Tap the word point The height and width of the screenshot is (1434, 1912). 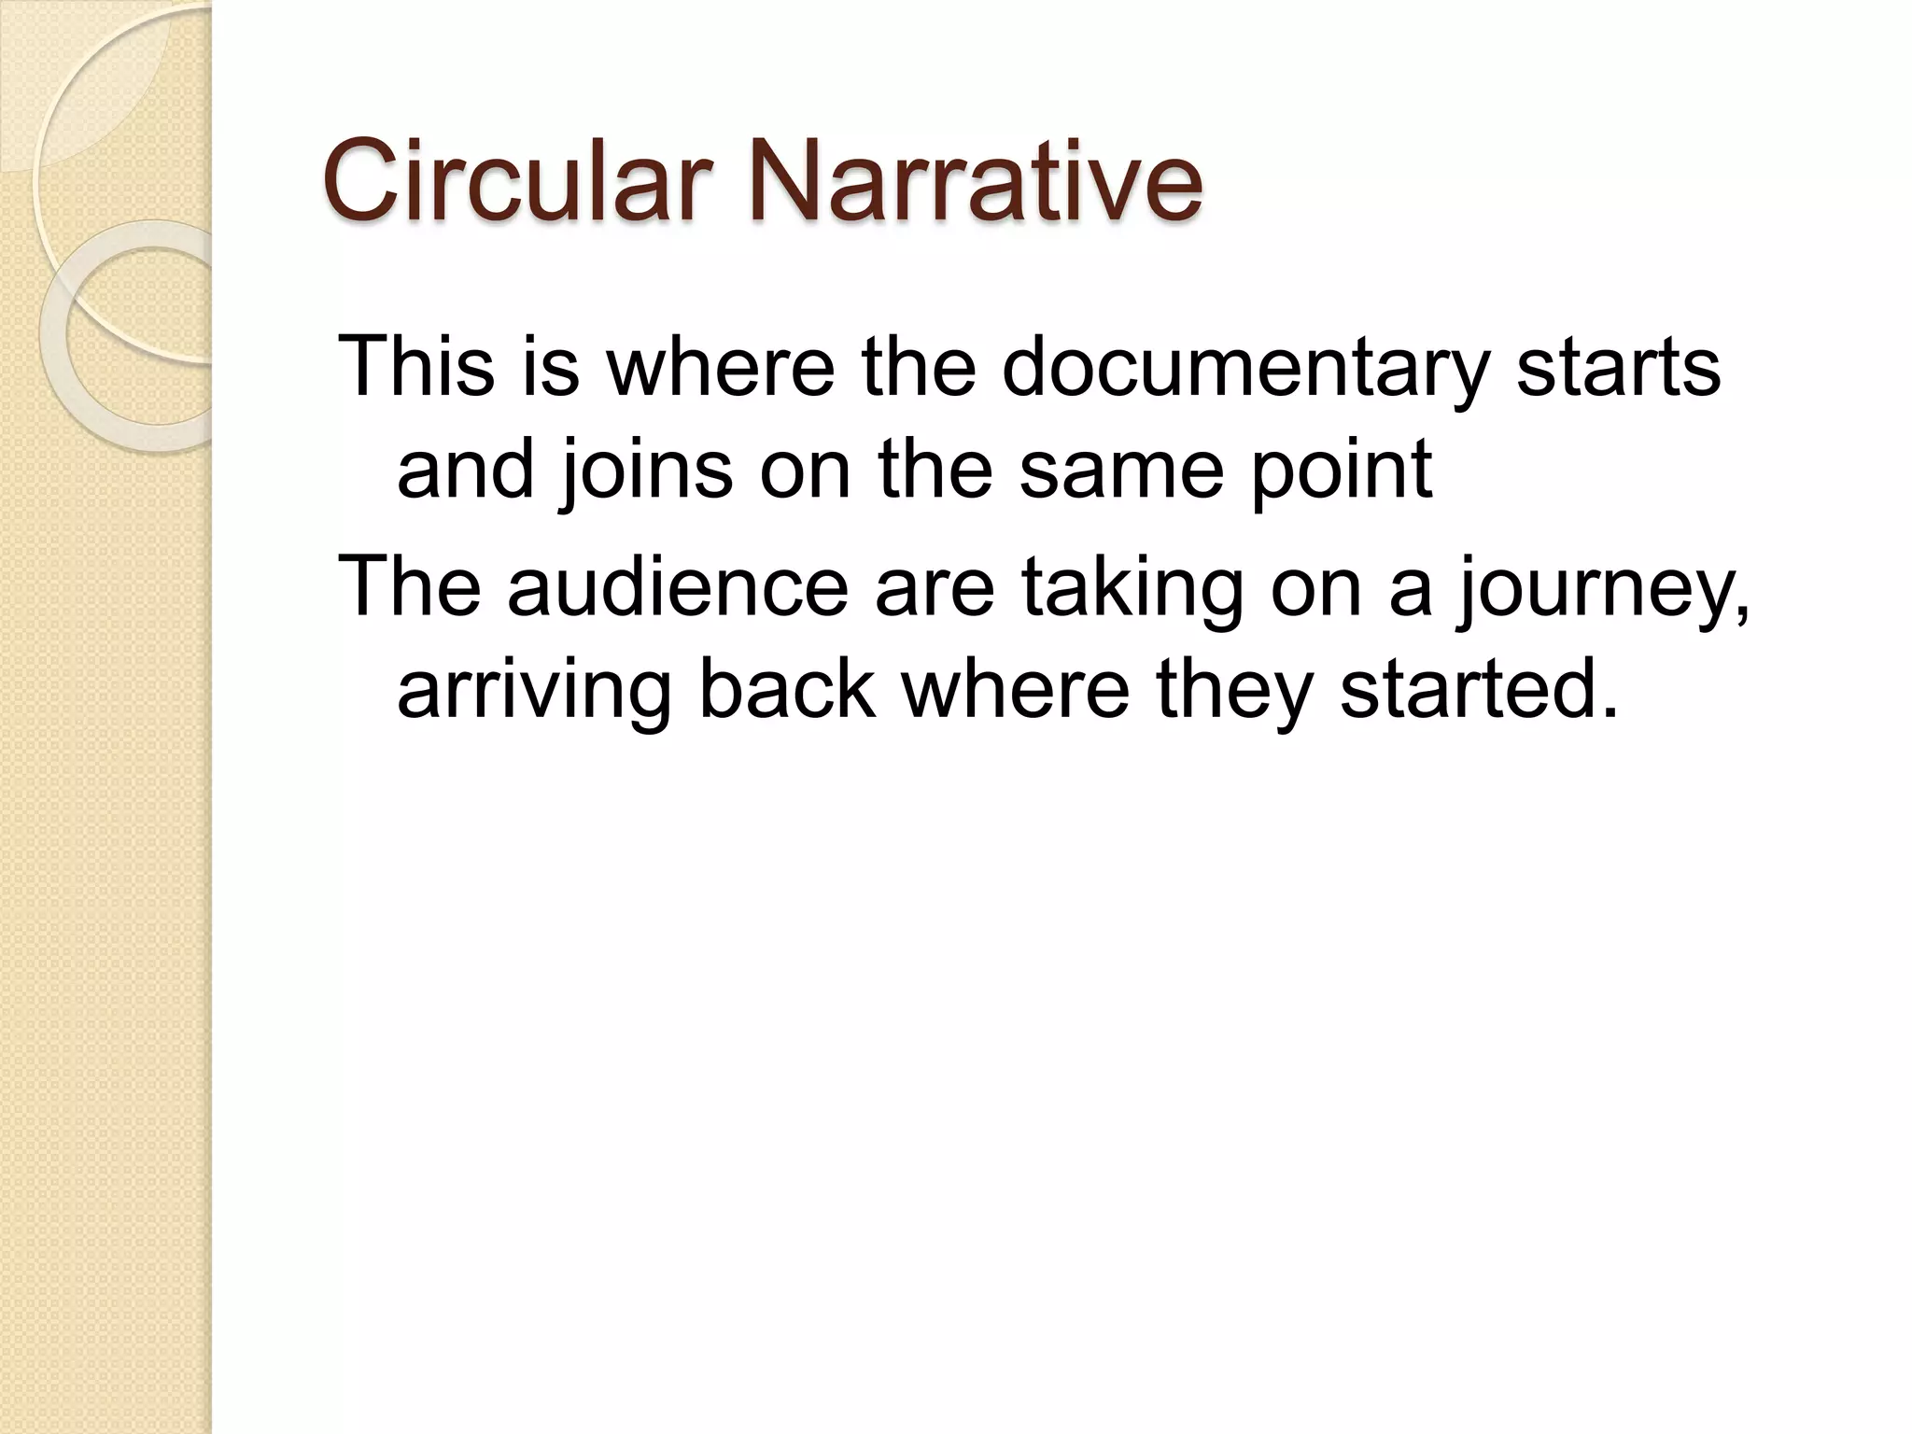click(x=1341, y=470)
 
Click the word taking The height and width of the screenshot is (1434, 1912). click(x=1132, y=588)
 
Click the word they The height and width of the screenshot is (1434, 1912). click(x=1233, y=691)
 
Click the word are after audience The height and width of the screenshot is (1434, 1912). click(x=935, y=588)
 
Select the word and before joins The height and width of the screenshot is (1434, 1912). click(x=466, y=470)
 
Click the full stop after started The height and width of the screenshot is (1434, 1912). click(x=1608, y=713)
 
